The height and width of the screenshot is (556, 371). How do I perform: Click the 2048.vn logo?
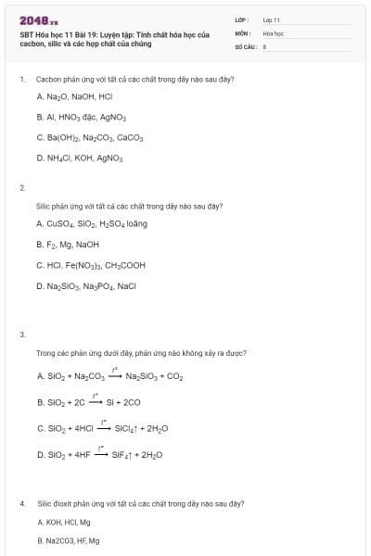pyautogui.click(x=38, y=20)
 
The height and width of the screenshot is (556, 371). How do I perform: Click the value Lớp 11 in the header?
pyautogui.click(x=271, y=19)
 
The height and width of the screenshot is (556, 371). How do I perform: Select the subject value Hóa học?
pyautogui.click(x=272, y=32)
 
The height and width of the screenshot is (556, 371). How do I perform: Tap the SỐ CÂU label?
pyautogui.click(x=245, y=44)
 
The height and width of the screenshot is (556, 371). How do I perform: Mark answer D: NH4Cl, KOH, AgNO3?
pyautogui.click(x=80, y=158)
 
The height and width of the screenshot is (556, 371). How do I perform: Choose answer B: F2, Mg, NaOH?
pyautogui.click(x=68, y=245)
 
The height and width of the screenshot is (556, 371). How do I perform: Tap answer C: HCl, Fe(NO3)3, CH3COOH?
pyautogui.click(x=90, y=265)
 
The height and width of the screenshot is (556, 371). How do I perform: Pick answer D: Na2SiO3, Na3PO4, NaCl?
pyautogui.click(x=86, y=285)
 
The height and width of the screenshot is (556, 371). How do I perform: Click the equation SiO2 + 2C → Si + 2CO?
pyautogui.click(x=88, y=402)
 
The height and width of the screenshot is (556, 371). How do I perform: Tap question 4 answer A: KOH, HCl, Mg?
pyautogui.click(x=64, y=523)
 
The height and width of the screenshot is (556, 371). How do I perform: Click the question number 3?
pyautogui.click(x=21, y=334)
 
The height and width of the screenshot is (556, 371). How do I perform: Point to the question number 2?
pyautogui.click(x=21, y=188)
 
